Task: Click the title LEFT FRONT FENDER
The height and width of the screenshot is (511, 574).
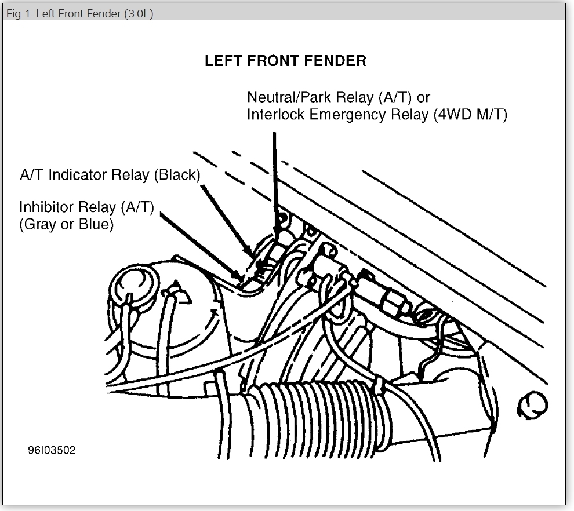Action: click(285, 61)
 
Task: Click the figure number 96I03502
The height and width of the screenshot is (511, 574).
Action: click(51, 450)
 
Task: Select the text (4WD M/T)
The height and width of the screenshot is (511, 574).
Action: click(470, 115)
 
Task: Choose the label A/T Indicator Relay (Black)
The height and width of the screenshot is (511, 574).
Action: click(110, 176)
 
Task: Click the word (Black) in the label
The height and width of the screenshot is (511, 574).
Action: click(177, 176)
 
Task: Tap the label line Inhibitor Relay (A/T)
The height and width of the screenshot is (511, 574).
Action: click(87, 207)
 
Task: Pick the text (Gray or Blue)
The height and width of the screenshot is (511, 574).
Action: click(67, 224)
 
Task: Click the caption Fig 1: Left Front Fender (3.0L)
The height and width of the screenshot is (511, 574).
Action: click(79, 13)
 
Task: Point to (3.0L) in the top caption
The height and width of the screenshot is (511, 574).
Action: click(139, 13)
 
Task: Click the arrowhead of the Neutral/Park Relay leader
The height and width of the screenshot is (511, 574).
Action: click(275, 229)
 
